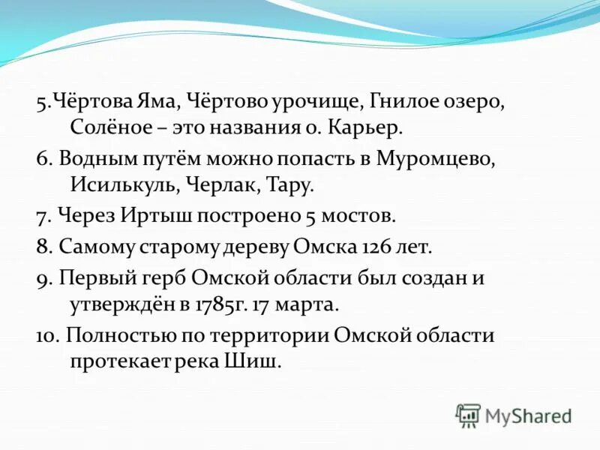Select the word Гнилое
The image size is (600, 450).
click(x=405, y=101)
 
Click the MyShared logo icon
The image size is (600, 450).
click(x=468, y=415)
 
